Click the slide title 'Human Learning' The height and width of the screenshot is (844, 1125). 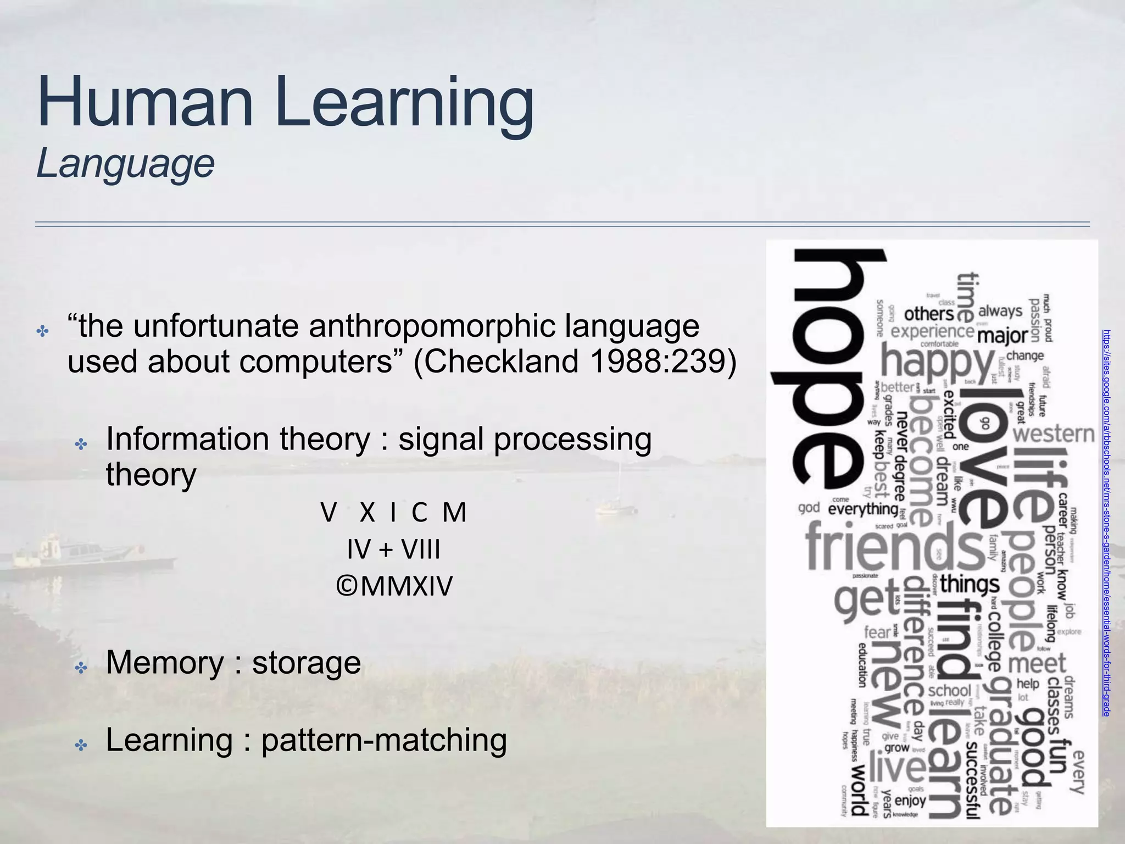pyautogui.click(x=285, y=103)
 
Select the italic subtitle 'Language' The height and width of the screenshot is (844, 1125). pyautogui.click(x=125, y=163)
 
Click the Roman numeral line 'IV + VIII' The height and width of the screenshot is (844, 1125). pyautogui.click(x=393, y=549)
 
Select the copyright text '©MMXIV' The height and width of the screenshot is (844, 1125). pyautogui.click(x=394, y=586)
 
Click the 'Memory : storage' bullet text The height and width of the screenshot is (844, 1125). pyautogui.click(x=233, y=662)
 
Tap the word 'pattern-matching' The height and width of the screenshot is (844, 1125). pyautogui.click(x=384, y=740)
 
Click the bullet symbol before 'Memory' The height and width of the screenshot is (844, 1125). pyautogui.click(x=81, y=668)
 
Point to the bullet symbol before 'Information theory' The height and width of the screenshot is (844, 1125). pyautogui.click(x=81, y=444)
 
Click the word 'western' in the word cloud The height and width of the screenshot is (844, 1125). pyautogui.click(x=1054, y=434)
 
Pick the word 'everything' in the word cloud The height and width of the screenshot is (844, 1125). pyautogui.click(x=862, y=509)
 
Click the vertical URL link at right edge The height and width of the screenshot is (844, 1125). pyautogui.click(x=1106, y=522)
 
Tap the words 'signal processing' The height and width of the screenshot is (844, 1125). pyautogui.click(x=525, y=440)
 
